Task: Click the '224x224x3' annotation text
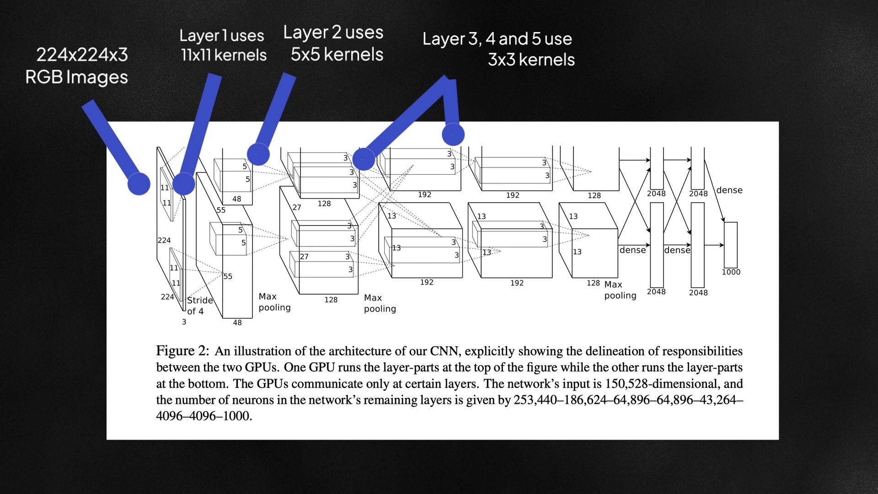tap(82, 55)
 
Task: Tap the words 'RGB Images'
tap(76, 77)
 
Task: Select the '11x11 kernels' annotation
tap(224, 55)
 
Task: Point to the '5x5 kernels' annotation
tap(337, 54)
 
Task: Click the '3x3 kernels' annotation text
tap(531, 59)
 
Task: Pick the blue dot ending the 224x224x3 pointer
tap(139, 184)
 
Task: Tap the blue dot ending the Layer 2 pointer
tap(258, 154)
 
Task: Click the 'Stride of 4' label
tap(200, 306)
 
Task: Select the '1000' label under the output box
tap(731, 272)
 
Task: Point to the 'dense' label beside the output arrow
tap(729, 190)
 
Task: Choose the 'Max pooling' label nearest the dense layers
tap(620, 290)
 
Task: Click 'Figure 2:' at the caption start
tap(182, 351)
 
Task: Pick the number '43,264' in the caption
tap(721, 400)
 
